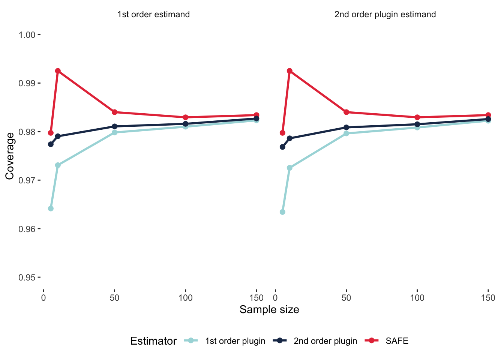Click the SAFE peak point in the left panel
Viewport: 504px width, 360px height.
[58, 71]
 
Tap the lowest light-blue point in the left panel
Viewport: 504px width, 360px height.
[51, 208]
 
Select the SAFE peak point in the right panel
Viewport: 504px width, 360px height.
[289, 71]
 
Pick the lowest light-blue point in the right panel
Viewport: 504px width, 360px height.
[282, 212]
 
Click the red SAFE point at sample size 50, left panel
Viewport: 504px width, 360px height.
[115, 112]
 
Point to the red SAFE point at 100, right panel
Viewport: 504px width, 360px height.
[417, 117]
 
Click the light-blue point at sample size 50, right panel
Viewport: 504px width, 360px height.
[346, 133]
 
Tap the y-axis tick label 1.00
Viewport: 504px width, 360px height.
[27, 35]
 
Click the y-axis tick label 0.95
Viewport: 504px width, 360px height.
[27, 277]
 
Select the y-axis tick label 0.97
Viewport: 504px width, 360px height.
[27, 180]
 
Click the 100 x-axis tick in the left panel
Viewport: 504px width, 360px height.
[186, 298]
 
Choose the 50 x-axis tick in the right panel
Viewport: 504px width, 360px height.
[346, 298]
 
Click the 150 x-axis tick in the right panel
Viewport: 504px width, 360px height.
[488, 298]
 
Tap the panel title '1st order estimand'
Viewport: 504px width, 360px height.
[153, 15]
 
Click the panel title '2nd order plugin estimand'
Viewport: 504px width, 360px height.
[385, 15]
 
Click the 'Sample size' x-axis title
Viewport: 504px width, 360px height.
[269, 310]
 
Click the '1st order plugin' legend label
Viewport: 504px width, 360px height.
[235, 341]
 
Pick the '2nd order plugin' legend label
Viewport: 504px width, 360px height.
[325, 341]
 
